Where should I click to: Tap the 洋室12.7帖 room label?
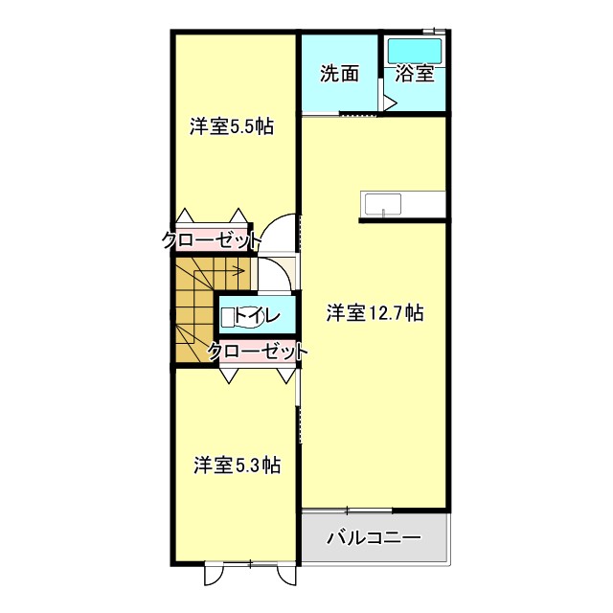click(x=375, y=312)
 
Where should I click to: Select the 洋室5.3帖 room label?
click(x=237, y=465)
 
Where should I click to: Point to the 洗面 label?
click(x=339, y=74)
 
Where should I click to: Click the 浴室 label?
click(x=416, y=74)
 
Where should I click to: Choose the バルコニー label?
click(x=374, y=538)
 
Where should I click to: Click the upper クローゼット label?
click(x=211, y=240)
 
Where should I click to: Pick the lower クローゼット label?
click(x=258, y=352)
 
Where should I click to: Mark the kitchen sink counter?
click(x=402, y=205)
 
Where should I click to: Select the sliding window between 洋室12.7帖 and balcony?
click(x=347, y=510)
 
